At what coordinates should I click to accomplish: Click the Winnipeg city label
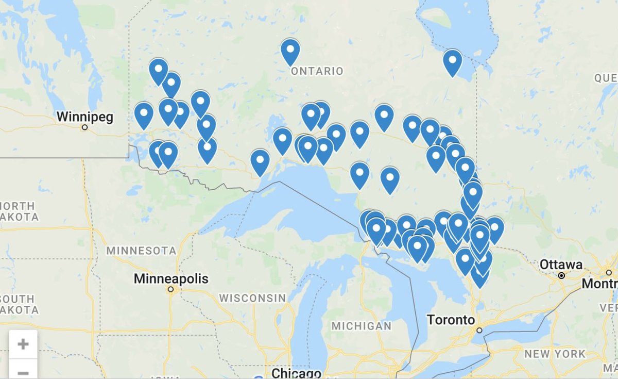click(84, 116)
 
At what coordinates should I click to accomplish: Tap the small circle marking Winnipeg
click(84, 127)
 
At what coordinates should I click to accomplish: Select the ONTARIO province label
click(317, 71)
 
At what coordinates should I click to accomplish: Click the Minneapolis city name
click(171, 279)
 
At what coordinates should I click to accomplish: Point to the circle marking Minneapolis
click(170, 290)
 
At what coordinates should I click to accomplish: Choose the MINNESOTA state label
click(141, 251)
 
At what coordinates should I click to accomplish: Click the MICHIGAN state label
click(361, 326)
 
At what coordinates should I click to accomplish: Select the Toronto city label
click(451, 320)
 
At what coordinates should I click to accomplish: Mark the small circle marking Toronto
click(479, 331)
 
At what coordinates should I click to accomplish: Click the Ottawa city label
click(561, 265)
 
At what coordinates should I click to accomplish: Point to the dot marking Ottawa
click(561, 276)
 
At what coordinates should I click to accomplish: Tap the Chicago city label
click(296, 373)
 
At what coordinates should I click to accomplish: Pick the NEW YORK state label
click(555, 354)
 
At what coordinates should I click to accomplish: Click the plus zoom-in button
click(23, 344)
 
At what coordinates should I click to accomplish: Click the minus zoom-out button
click(23, 371)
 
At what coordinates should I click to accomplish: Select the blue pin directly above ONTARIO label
click(290, 51)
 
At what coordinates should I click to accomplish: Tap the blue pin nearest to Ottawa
click(494, 228)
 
